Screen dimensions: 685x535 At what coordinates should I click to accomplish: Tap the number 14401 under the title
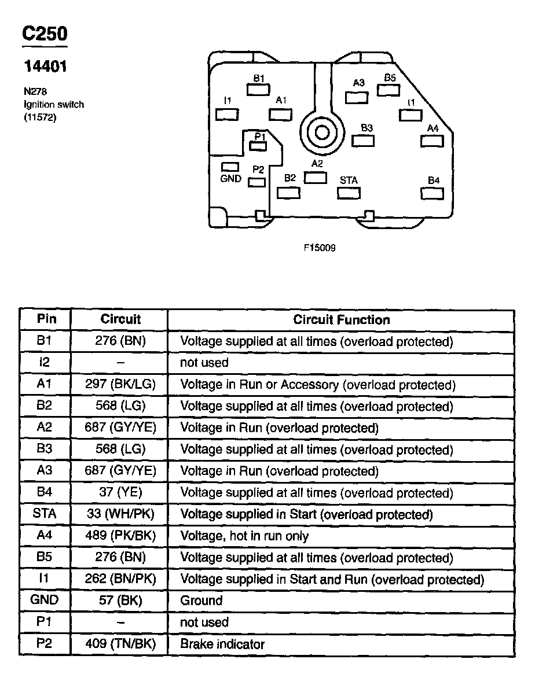click(45, 67)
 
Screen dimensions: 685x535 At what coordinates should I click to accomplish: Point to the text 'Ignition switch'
click(53, 105)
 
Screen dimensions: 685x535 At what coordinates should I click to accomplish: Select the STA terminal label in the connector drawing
click(349, 181)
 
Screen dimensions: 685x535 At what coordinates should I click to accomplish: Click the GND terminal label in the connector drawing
click(231, 179)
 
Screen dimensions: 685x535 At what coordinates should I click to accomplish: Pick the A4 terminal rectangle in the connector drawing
click(433, 141)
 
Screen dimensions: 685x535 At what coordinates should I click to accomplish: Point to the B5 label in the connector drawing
click(390, 78)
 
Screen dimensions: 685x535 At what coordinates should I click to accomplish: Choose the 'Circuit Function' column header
click(341, 319)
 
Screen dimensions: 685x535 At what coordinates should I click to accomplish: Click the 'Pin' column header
click(45, 319)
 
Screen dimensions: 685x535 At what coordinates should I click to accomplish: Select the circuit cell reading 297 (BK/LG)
click(120, 385)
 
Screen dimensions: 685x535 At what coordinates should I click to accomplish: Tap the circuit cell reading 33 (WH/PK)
click(120, 514)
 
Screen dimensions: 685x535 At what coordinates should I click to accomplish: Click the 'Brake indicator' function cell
click(222, 644)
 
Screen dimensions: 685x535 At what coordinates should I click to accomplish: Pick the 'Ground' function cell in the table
click(201, 601)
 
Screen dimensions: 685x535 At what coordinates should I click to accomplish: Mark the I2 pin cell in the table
click(45, 363)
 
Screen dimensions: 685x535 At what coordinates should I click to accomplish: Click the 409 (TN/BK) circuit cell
click(120, 644)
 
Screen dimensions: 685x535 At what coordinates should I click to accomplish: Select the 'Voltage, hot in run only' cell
click(244, 536)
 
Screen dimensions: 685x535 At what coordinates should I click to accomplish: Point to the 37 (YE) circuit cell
click(120, 493)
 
